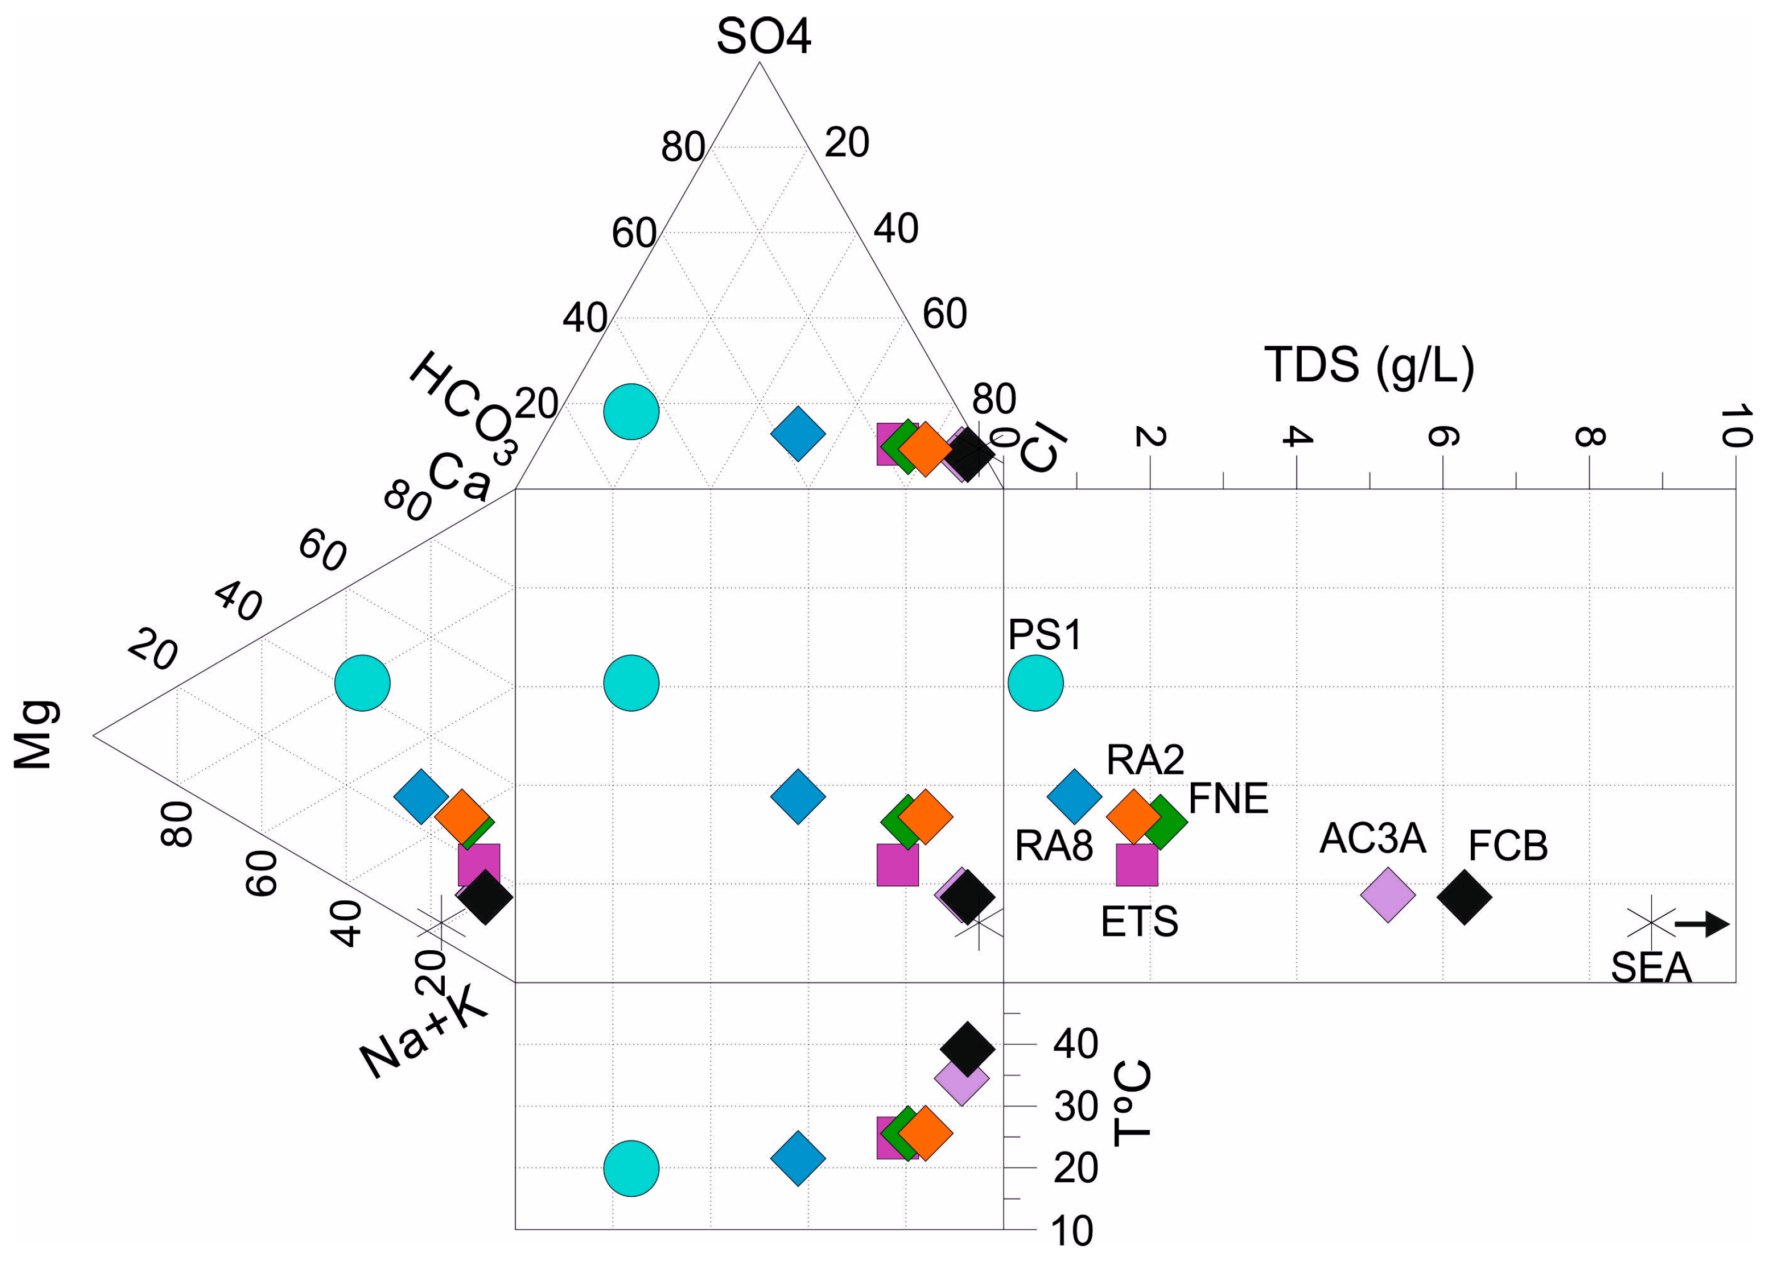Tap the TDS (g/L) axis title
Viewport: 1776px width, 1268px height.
tap(1369, 365)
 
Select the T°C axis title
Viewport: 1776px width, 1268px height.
tap(1133, 1102)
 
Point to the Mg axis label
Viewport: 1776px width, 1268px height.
tap(35, 735)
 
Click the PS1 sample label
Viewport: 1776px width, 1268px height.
tap(1045, 635)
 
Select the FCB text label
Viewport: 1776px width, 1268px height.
tap(1507, 846)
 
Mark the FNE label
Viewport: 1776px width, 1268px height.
tap(1228, 799)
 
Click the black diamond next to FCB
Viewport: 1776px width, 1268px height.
tap(1464, 897)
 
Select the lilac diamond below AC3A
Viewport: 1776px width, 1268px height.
tap(1387, 895)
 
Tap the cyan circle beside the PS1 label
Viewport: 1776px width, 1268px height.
tap(1035, 683)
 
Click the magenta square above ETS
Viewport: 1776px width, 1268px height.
tap(1136, 865)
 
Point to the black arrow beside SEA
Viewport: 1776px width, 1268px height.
tap(1703, 924)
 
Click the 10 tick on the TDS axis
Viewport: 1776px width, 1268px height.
tap(1734, 426)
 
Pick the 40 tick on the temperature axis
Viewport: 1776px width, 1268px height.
tap(1075, 1044)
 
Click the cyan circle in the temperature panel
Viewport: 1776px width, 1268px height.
tap(632, 1168)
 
